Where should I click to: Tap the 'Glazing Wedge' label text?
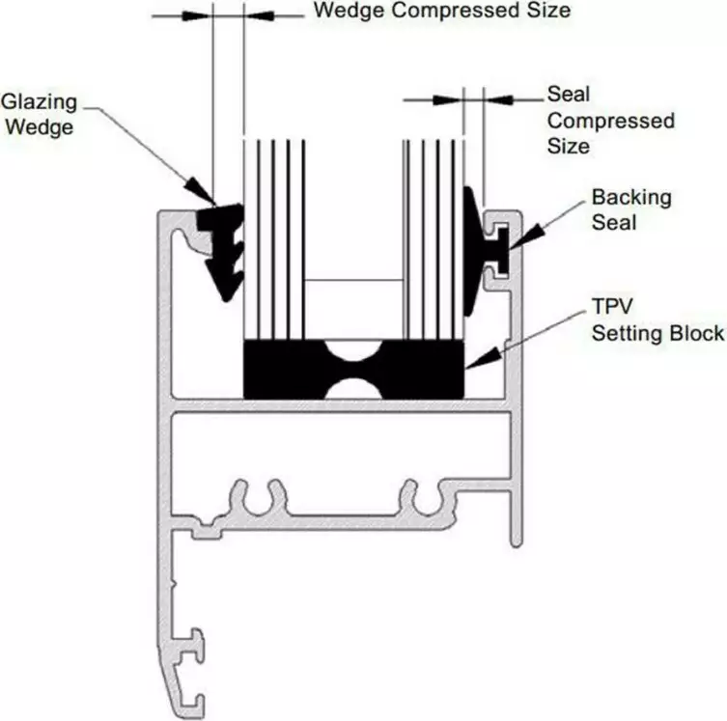38,113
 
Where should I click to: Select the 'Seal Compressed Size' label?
610,121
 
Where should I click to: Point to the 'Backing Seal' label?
630,209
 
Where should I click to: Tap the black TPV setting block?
290,369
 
